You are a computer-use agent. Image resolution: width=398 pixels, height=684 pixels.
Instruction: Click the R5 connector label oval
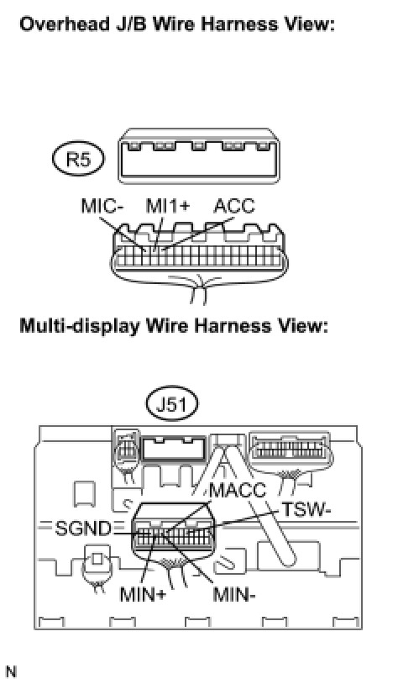[x=78, y=160]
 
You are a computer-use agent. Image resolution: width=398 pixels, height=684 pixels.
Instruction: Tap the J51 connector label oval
[x=172, y=404]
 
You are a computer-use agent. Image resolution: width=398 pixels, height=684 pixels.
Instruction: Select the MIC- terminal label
[x=102, y=207]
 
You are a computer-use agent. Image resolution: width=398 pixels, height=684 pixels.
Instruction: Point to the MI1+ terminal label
[x=168, y=207]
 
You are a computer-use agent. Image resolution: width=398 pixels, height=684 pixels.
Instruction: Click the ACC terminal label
[x=234, y=207]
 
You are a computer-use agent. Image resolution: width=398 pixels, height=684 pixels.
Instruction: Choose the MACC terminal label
[x=238, y=491]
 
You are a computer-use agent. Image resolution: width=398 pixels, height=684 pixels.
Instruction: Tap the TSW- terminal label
[x=304, y=509]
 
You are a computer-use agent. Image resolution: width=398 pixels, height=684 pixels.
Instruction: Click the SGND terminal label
[x=83, y=529]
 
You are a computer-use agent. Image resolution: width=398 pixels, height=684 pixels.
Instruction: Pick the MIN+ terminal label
[x=143, y=594]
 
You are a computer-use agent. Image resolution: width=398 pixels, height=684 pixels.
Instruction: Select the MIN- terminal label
[x=234, y=594]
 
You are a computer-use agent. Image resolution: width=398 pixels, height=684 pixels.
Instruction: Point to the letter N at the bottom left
[x=11, y=671]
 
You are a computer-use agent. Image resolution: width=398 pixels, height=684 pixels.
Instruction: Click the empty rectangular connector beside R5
[x=199, y=155]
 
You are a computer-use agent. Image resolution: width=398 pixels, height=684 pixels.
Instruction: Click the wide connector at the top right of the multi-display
[x=289, y=450]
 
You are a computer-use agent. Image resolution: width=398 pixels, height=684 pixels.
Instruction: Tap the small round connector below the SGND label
[x=97, y=563]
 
